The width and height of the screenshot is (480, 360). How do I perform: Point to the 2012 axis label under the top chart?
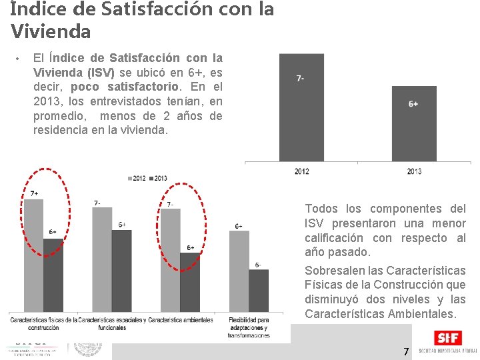point(301,172)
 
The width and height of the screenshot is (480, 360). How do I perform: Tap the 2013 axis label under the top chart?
point(414,172)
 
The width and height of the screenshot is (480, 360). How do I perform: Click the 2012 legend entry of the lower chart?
point(137,179)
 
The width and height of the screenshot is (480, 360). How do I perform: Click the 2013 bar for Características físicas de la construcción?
point(53,275)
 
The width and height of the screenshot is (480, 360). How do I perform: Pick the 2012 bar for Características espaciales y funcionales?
point(102,259)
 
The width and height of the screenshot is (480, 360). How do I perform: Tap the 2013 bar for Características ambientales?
point(190,282)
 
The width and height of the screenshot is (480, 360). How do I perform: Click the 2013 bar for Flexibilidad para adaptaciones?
point(259,291)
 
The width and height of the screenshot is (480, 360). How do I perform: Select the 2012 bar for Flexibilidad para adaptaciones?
point(239,271)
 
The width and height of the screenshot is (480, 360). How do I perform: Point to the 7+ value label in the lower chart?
point(34,193)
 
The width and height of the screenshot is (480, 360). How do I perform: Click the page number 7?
point(405,351)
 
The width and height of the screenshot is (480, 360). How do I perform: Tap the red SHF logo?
point(444,339)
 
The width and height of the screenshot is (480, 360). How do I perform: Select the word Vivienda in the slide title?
point(51,31)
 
